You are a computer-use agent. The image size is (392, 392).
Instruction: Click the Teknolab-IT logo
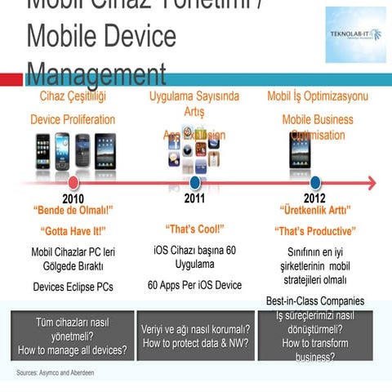[x=355, y=34]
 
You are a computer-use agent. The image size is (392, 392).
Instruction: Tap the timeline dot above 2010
[x=73, y=182]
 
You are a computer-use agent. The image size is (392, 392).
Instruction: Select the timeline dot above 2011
[x=195, y=182]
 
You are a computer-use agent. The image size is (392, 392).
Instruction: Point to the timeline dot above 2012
[x=315, y=182]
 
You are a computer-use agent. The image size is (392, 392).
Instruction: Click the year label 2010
[x=73, y=198]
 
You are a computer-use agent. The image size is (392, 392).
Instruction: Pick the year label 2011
[x=194, y=198]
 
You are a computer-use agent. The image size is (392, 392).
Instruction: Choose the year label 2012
[x=314, y=198]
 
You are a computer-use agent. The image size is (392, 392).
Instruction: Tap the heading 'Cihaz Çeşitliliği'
[x=73, y=96]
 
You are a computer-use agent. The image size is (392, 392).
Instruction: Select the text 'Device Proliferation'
[x=73, y=119]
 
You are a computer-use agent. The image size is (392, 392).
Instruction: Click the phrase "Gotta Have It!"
[x=73, y=230]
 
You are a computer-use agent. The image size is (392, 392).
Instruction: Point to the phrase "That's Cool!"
[x=194, y=229]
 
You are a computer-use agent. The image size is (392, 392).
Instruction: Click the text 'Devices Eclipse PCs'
[x=73, y=287]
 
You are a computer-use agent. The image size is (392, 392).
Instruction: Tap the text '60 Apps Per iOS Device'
[x=194, y=285]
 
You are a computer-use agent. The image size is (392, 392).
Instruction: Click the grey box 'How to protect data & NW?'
[x=195, y=336]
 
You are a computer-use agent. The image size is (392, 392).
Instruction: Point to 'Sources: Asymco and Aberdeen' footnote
[x=55, y=372]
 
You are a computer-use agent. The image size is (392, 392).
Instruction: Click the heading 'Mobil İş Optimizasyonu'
[x=318, y=96]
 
